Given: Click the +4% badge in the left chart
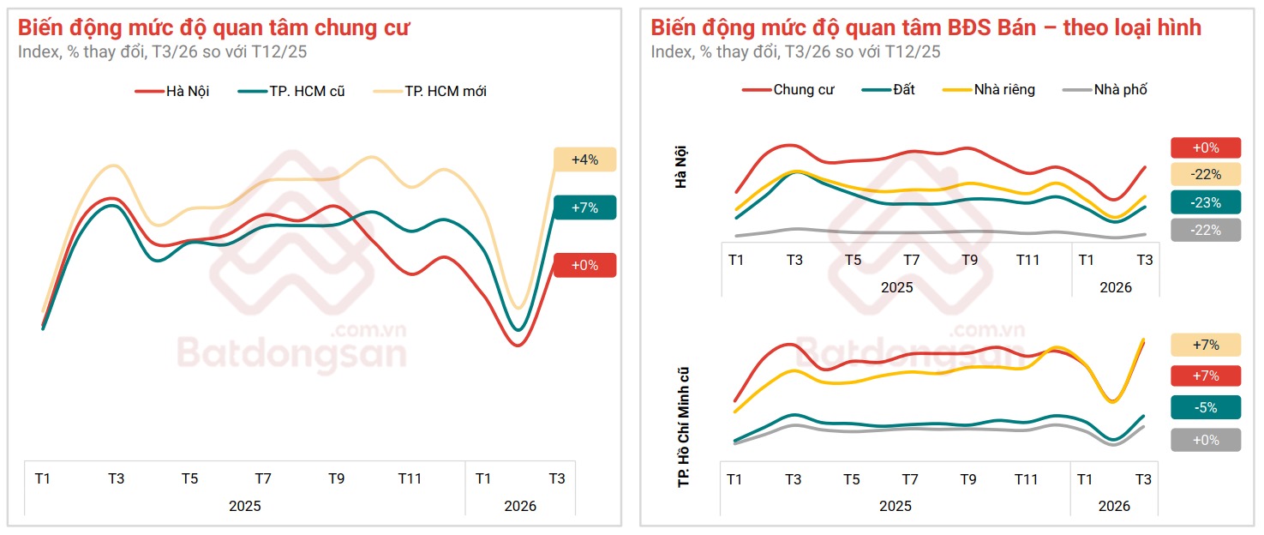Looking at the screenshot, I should pyautogui.click(x=584, y=159).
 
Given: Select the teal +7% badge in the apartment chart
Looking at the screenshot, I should pyautogui.click(x=584, y=207).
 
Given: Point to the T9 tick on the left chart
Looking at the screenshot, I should pyautogui.click(x=336, y=478).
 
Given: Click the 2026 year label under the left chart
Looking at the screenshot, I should pyautogui.click(x=519, y=506).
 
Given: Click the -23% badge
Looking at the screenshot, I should pyautogui.click(x=1206, y=201).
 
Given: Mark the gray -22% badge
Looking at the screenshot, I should pyautogui.click(x=1206, y=230).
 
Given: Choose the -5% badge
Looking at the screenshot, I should pyautogui.click(x=1206, y=407).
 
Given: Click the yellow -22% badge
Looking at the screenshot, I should pyautogui.click(x=1206, y=174).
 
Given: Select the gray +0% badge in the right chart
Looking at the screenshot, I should pyautogui.click(x=1206, y=440).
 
